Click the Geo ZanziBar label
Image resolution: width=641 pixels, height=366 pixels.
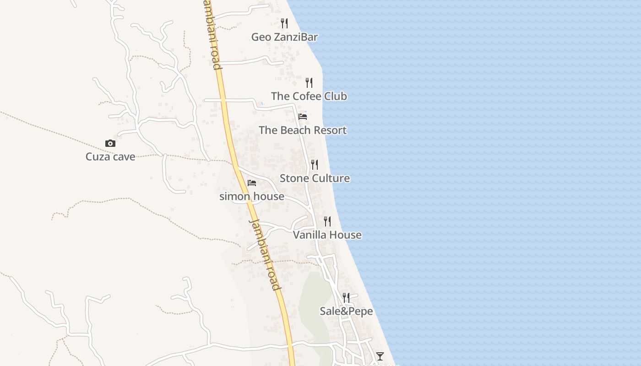click(x=284, y=37)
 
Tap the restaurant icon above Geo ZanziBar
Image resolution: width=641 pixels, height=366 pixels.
click(x=284, y=23)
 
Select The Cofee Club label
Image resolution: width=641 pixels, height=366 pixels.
click(x=309, y=96)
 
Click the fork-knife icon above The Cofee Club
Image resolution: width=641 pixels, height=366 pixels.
click(x=309, y=83)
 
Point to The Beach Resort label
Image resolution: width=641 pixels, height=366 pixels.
click(x=303, y=130)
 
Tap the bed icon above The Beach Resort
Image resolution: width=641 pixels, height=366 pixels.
click(x=303, y=117)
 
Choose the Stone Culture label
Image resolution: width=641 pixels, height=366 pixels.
click(x=315, y=178)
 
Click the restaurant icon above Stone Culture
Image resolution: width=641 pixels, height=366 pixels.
click(x=315, y=165)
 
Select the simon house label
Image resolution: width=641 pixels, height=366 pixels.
click(x=252, y=196)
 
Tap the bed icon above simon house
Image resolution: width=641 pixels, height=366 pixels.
click(x=252, y=183)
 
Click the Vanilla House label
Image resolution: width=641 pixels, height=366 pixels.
click(x=327, y=235)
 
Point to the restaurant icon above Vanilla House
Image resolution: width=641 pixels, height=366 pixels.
click(x=327, y=221)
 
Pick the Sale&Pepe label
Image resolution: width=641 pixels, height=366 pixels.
click(x=346, y=311)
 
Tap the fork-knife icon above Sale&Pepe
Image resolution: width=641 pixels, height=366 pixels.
click(x=346, y=298)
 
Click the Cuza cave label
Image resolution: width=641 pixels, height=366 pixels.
click(x=110, y=156)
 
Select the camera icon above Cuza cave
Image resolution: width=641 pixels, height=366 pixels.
click(x=110, y=143)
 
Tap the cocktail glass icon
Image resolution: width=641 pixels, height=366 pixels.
click(x=380, y=356)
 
